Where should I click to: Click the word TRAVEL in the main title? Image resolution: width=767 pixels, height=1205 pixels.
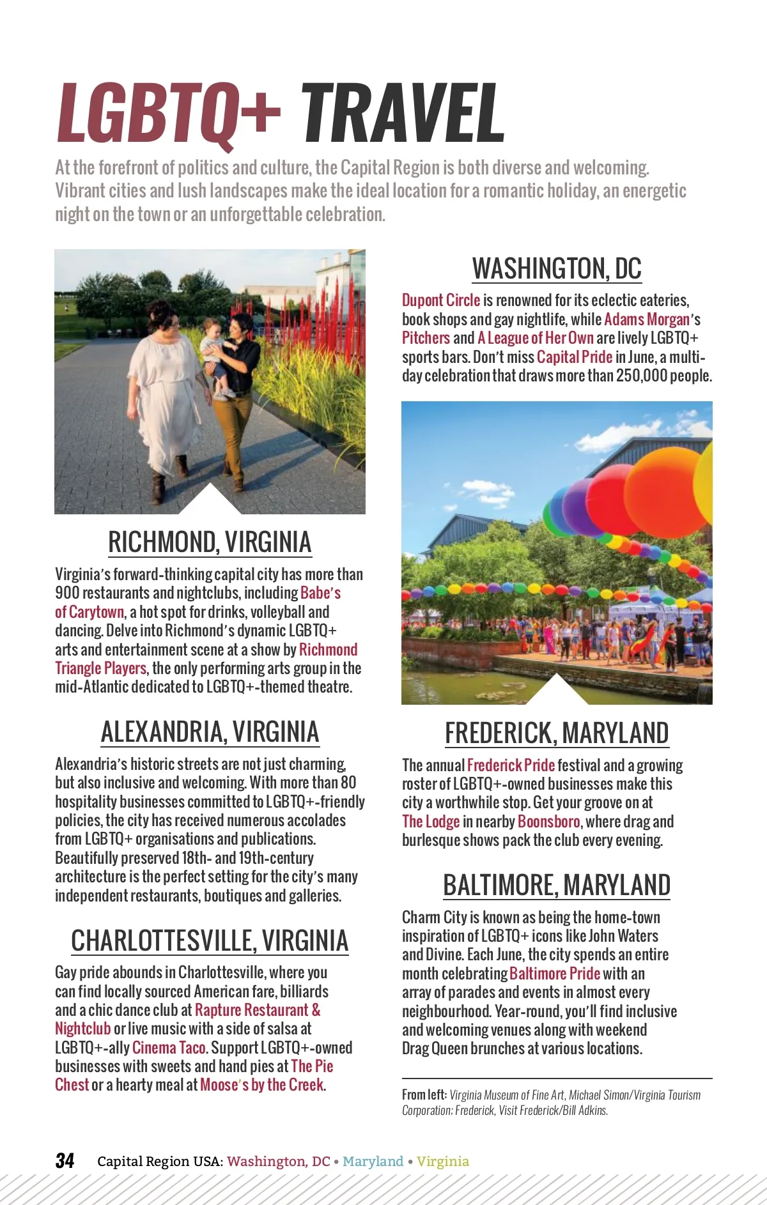pos(403,114)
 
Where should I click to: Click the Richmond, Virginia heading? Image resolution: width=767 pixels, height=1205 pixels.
pos(210,542)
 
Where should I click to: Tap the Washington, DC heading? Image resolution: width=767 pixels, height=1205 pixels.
pos(557,269)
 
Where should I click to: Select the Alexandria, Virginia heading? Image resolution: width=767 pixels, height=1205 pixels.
pos(210,732)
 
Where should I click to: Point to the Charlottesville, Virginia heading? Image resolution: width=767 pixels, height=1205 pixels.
pos(210,941)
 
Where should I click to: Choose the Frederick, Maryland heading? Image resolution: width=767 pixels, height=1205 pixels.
pos(557,733)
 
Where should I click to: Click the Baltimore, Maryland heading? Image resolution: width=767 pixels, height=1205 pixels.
pos(557,886)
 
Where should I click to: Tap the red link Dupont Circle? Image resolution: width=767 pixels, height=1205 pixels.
pos(440,300)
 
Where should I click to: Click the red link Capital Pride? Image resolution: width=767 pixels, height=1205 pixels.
pos(574,357)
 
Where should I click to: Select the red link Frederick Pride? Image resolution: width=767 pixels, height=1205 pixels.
pos(510,765)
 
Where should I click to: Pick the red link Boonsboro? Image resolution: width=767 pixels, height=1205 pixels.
pos(548,822)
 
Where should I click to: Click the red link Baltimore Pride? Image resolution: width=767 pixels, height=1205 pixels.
pos(554,974)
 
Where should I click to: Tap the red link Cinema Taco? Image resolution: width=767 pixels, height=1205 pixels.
pos(169,1048)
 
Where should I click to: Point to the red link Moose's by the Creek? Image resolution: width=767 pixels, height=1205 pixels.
pos(262,1085)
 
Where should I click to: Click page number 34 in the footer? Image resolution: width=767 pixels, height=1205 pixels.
pos(65,1161)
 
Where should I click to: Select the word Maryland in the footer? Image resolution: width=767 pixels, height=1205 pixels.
pos(373,1162)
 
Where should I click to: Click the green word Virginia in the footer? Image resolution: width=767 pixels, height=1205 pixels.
pos(443,1162)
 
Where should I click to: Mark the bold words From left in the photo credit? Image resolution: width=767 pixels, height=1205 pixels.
pos(424,1095)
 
